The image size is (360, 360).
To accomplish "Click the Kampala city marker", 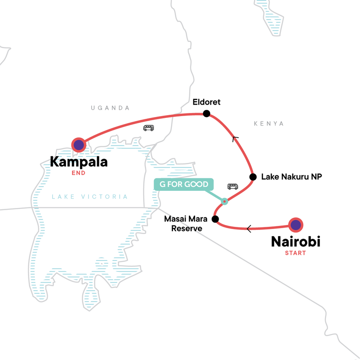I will click(79, 144).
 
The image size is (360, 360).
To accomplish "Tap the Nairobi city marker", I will click(295, 225).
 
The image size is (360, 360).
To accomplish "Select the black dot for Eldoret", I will click(207, 114).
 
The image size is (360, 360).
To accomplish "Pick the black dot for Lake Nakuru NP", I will click(253, 177).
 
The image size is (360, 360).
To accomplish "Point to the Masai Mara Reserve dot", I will click(215, 220).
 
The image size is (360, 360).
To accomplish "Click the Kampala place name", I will click(79, 162).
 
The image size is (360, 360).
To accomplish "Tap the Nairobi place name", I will click(295, 242).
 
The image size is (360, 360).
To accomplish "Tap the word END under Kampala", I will click(78, 173).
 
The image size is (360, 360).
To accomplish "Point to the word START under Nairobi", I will click(295, 253).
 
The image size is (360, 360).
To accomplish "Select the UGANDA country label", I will click(110, 108).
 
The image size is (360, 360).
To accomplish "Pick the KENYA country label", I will click(269, 123).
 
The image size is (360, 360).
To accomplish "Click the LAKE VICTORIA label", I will click(90, 197).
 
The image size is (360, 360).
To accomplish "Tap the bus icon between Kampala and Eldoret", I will click(148, 128).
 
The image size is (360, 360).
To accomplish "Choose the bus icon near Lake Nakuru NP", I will click(233, 186).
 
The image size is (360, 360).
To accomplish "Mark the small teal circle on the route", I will click(225, 201).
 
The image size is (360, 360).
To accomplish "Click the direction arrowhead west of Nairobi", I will click(249, 229).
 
